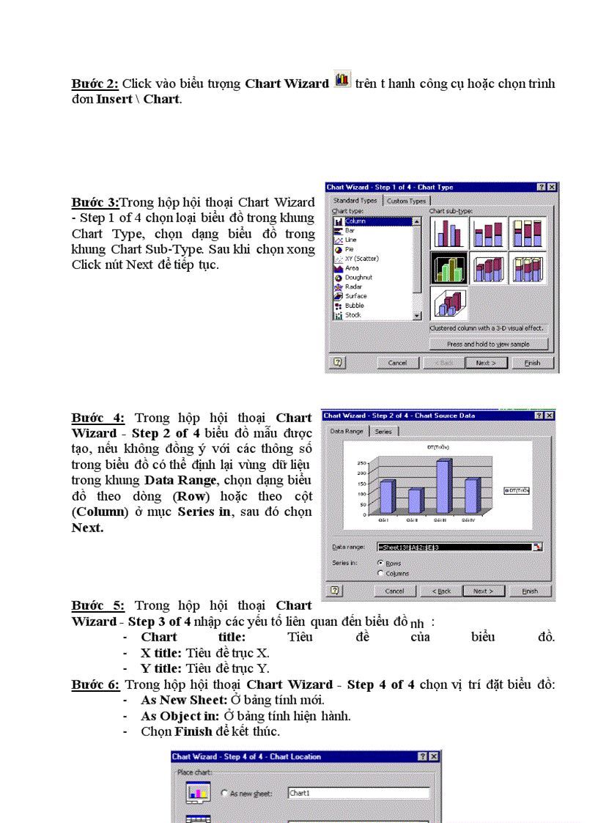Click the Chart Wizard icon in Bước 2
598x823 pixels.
(x=341, y=80)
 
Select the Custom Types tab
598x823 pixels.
(x=406, y=201)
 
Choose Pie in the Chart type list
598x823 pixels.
(x=350, y=249)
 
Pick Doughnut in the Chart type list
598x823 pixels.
(x=358, y=278)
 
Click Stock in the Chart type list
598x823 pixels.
(x=352, y=315)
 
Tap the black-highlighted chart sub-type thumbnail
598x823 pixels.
(x=448, y=269)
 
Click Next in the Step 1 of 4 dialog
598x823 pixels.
(x=486, y=363)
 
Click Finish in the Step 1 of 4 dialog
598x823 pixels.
(x=532, y=363)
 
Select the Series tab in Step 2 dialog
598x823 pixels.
(x=383, y=432)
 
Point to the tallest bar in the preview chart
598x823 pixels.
(x=443, y=486)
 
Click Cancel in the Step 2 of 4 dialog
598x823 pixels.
(x=395, y=591)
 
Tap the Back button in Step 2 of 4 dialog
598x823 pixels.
(x=441, y=591)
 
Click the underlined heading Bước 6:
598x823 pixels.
(x=95, y=684)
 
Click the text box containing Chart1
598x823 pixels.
(x=358, y=792)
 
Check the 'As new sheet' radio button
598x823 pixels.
(x=224, y=793)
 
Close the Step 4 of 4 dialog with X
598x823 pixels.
(x=435, y=756)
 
